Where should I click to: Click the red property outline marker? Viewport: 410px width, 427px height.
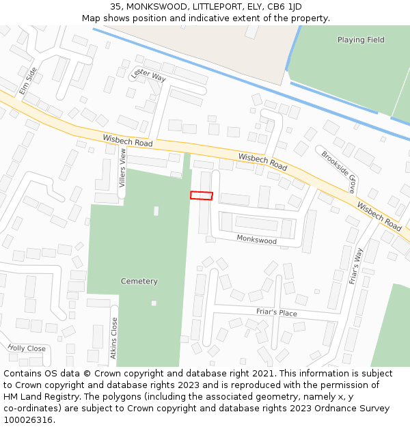(202, 195)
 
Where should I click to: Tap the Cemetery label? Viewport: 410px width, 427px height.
(139, 281)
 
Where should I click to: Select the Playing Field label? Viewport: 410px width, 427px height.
(361, 40)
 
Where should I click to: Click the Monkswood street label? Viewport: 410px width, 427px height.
(256, 240)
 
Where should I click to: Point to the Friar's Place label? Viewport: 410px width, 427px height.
(277, 312)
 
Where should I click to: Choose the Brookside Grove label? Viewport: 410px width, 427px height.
(339, 171)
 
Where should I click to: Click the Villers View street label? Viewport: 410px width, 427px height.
(123, 167)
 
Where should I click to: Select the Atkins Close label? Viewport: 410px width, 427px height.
(114, 338)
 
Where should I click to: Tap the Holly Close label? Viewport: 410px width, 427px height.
(27, 348)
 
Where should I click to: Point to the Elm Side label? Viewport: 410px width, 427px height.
(28, 80)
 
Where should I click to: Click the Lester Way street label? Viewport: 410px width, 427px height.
(149, 75)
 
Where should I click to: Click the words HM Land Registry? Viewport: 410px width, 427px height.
(38, 396)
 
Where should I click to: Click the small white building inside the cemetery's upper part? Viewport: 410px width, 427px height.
(156, 211)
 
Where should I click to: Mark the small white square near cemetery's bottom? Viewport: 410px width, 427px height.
(154, 303)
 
